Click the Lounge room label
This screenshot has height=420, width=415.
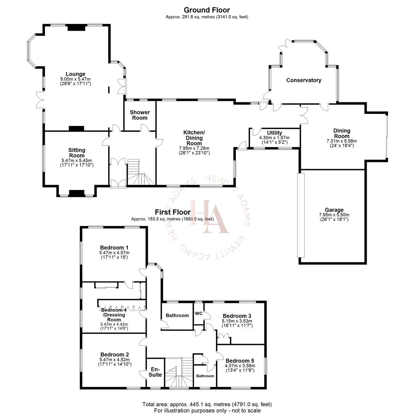pos(76,74)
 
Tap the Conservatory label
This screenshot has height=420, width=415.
pos(304,80)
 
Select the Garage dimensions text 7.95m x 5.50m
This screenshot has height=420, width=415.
pos(334,215)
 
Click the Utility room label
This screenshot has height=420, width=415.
pos(274,133)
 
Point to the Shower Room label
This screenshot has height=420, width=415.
pos(140,115)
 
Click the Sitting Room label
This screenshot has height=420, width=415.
pos(77,152)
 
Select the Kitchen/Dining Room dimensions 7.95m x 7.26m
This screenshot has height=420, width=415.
pos(194,148)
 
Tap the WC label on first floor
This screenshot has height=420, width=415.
pos(199,313)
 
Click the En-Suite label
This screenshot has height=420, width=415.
pos(155,372)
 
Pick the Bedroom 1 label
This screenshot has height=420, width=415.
pos(114,247)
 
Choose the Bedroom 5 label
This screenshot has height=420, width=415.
pos(240,360)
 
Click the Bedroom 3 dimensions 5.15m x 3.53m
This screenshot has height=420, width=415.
pos(237,321)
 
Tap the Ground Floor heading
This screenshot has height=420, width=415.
pos(207,10)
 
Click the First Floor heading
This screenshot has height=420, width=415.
pos(172,212)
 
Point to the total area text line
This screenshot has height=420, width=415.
pos(207,404)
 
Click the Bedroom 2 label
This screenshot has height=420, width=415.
pos(114,354)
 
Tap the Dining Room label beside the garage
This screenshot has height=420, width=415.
pos(341,133)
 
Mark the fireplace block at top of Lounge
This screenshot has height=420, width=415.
pos(76,28)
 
